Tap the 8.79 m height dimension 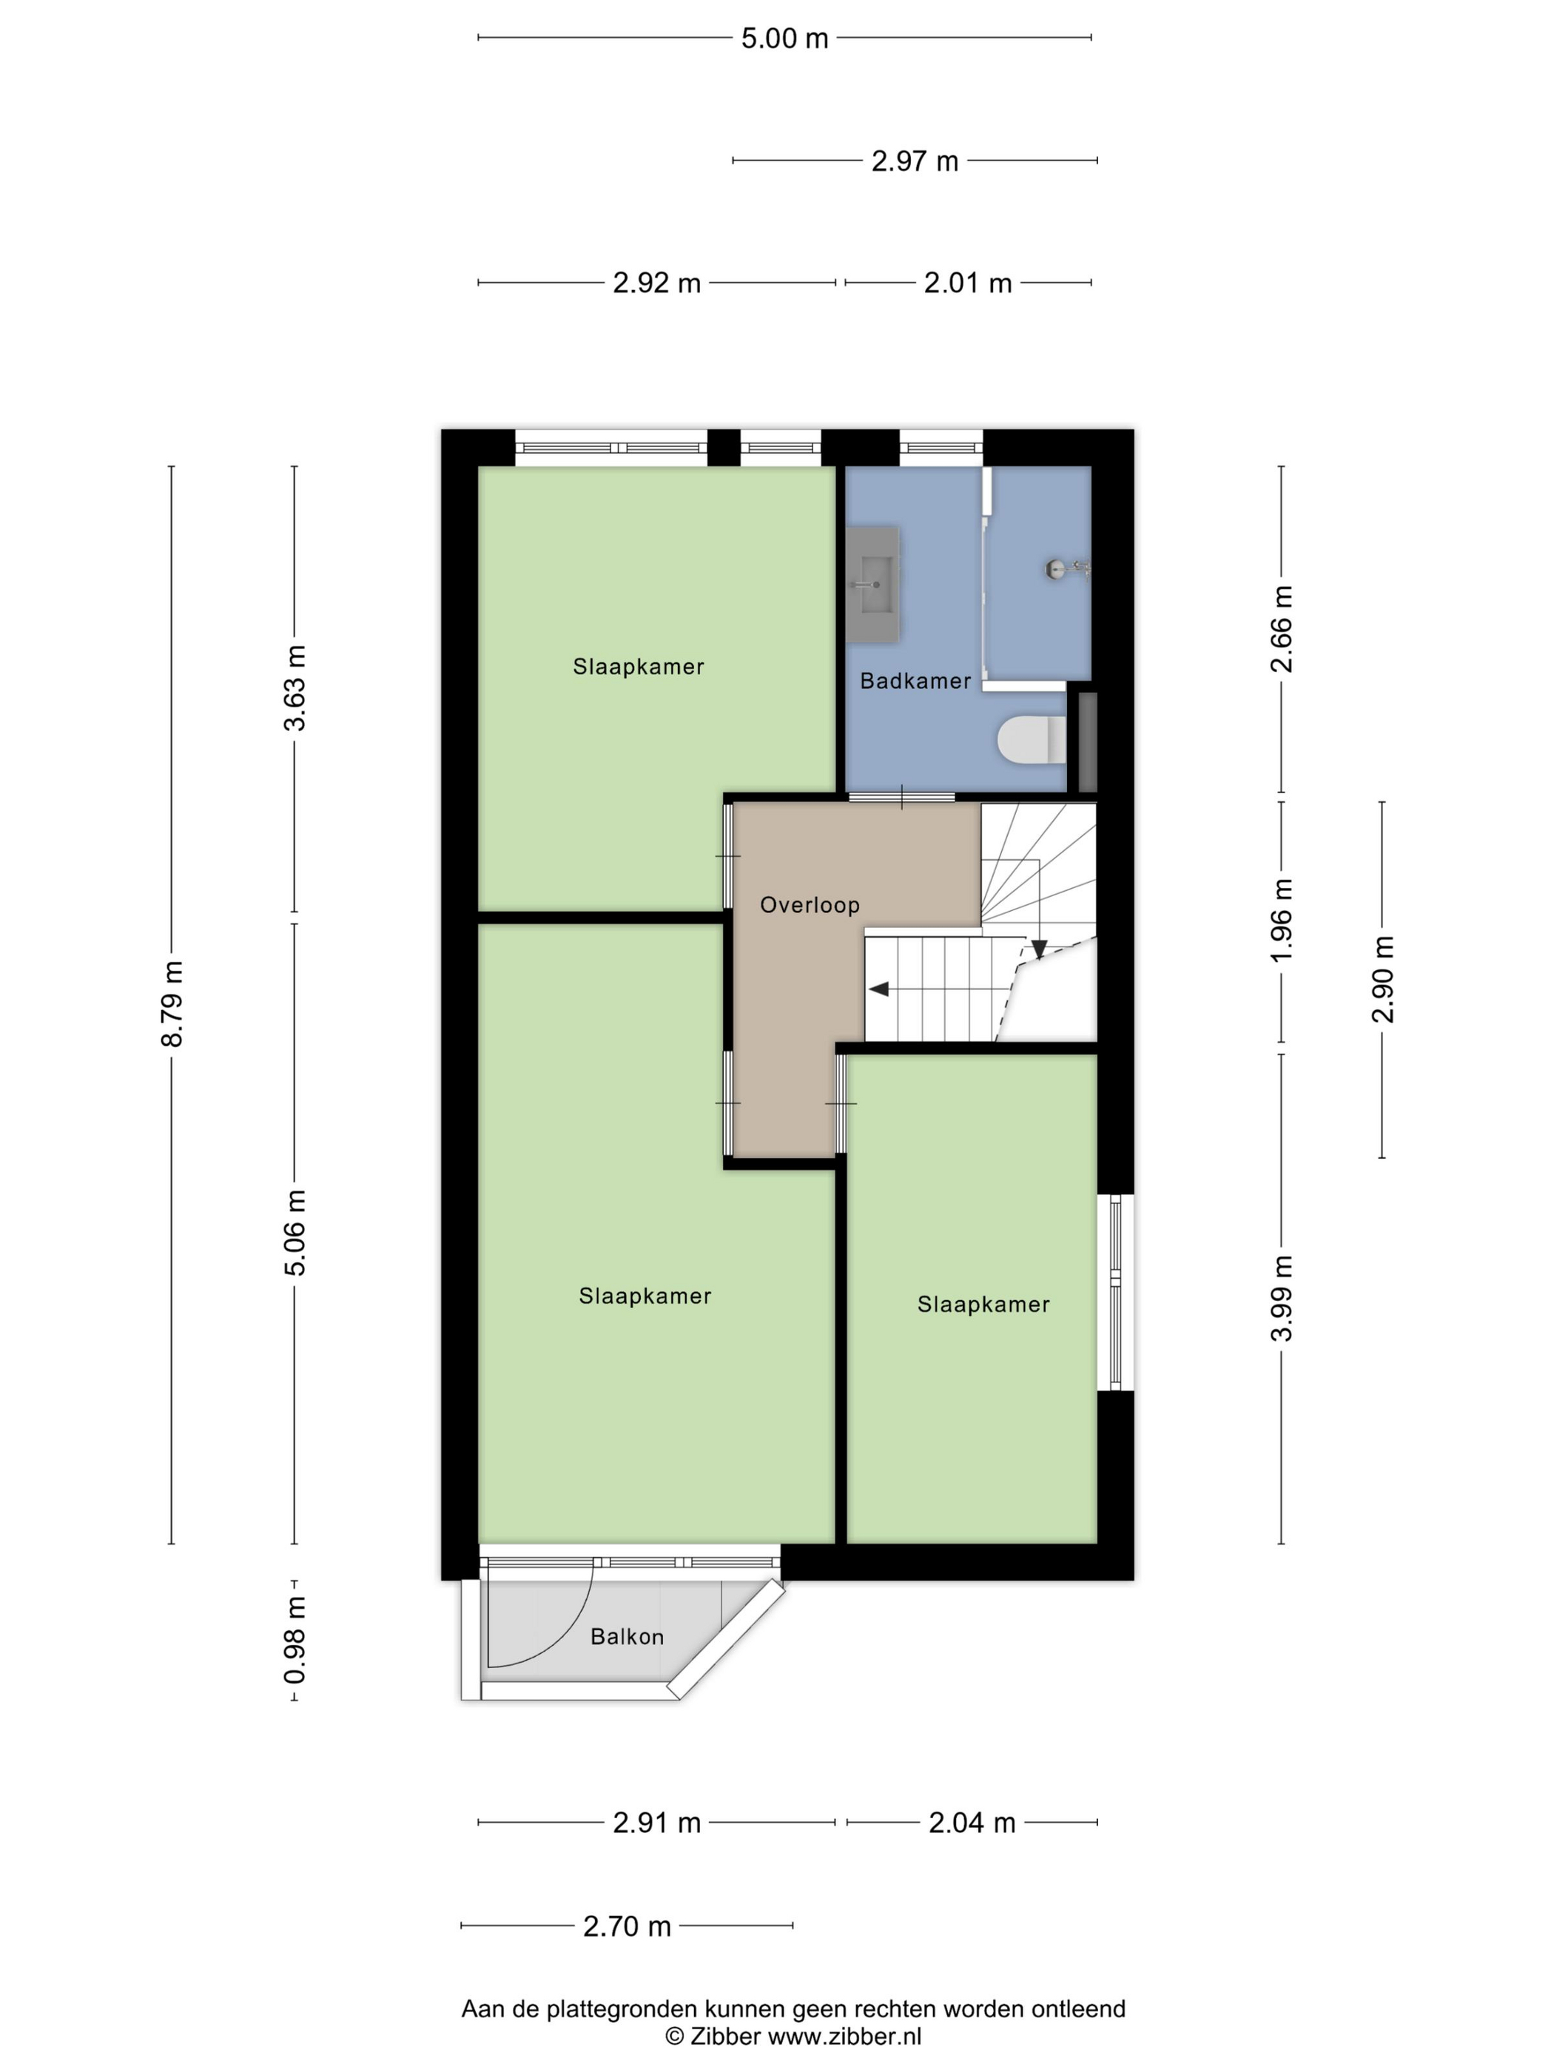[172, 1003]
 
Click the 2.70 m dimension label [627, 1926]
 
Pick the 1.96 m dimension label [1282, 920]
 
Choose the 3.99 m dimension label [1282, 1297]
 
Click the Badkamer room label [915, 681]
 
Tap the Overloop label [810, 905]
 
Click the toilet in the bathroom [1032, 740]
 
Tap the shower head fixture [1067, 568]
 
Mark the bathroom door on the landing [901, 797]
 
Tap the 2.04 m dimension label [972, 1823]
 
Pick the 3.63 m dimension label [295, 687]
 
